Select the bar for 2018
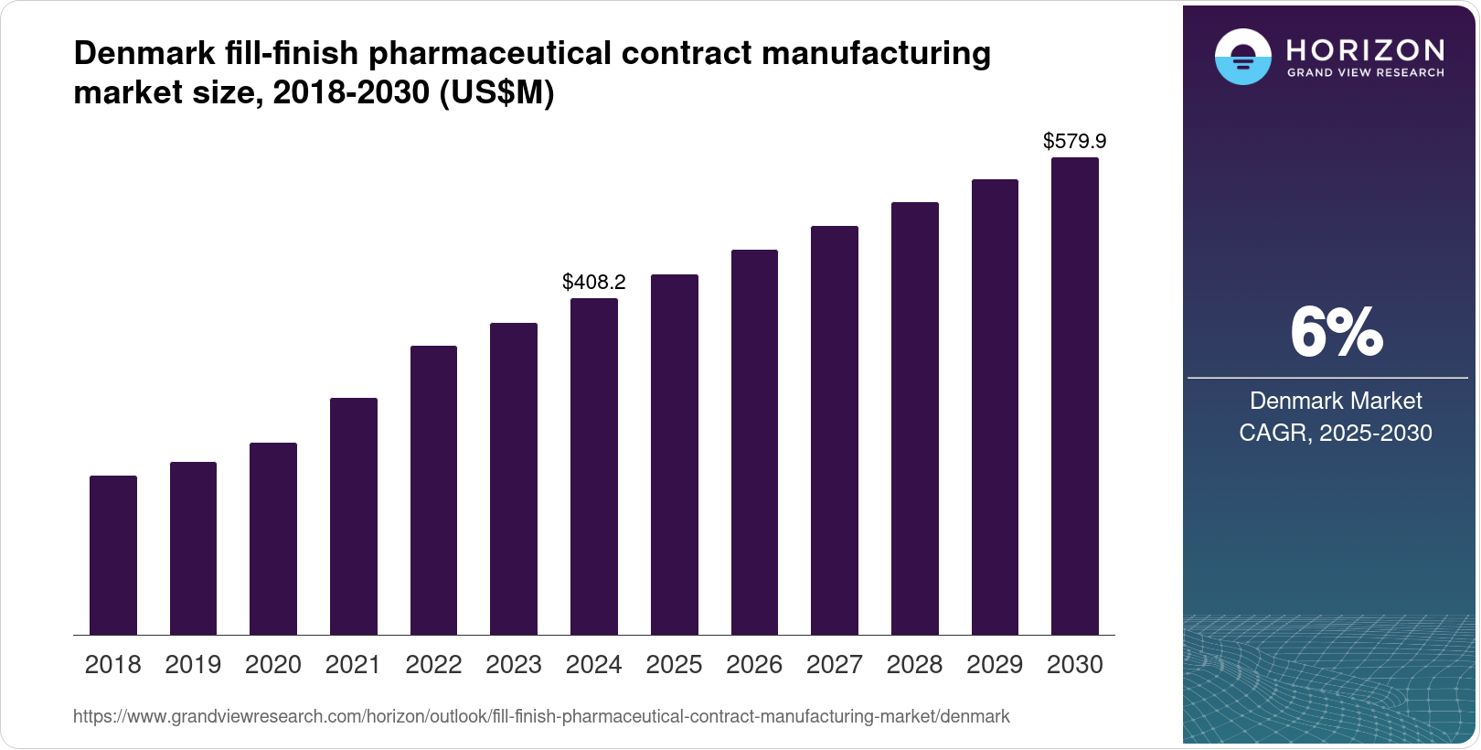tap(113, 555)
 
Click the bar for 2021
tap(354, 517)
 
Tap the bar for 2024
tap(594, 466)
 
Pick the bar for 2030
tap(1075, 396)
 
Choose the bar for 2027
tap(835, 430)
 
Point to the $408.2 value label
tap(594, 282)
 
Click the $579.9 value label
tap(1075, 141)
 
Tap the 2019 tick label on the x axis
tap(193, 665)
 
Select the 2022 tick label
tap(433, 665)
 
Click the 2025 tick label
tap(674, 665)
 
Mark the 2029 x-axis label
tap(995, 665)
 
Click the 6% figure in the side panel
tap(1336, 333)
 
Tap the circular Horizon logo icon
tap(1242, 57)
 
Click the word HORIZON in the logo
tap(1365, 49)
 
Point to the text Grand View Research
tap(1365, 73)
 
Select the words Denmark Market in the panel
tap(1336, 401)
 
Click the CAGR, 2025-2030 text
tap(1336, 433)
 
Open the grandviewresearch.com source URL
tap(541, 716)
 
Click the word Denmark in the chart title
tap(144, 53)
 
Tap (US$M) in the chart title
tap(497, 92)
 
